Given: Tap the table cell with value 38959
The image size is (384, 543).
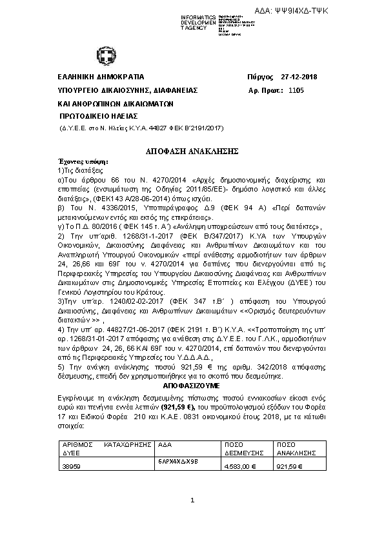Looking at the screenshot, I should [72, 465].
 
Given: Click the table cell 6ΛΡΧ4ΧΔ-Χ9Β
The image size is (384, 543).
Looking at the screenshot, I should [174, 462].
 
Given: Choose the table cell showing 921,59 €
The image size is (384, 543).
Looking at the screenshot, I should [288, 465].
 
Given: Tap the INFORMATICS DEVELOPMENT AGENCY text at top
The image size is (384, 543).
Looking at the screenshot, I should [198, 23].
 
